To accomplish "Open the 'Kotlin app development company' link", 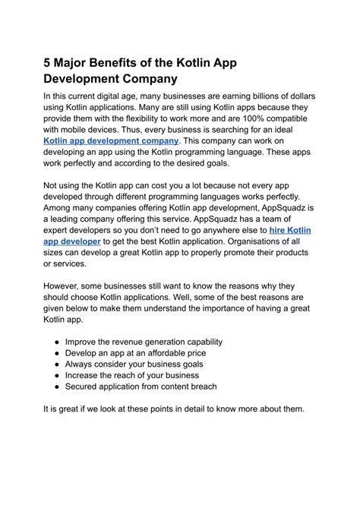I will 112,141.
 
